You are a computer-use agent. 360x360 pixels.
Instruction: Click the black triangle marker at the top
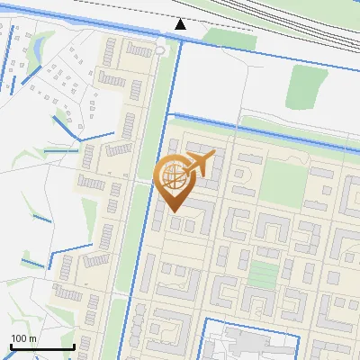181,23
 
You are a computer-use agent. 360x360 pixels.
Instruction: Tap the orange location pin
174,181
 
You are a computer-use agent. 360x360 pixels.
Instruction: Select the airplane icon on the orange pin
199,163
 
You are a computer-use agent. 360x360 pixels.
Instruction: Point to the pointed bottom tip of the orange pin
174,212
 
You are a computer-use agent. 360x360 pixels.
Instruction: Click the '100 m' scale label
23,337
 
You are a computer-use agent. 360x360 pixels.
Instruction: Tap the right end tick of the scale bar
73,346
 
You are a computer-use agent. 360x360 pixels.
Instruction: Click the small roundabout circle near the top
160,50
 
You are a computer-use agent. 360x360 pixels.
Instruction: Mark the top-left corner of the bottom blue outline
204,319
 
